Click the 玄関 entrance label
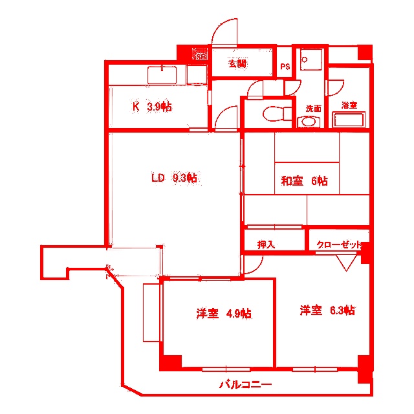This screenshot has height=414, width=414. point(237,63)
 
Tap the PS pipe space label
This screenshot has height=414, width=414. point(285,67)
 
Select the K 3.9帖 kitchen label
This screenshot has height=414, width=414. point(152,107)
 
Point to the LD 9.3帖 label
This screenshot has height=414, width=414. point(174,177)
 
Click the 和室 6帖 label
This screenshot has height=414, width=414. point(304,181)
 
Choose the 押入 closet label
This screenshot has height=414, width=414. point(266,245)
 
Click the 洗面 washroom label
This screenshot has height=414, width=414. point(313,108)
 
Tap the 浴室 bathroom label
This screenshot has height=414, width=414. point(349,105)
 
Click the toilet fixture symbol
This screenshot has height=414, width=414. point(274,113)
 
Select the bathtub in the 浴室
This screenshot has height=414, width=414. point(349,120)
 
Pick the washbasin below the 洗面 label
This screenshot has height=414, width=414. point(309,122)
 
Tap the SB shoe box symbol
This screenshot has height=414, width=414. point(201,56)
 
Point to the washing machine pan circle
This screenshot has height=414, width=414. point(304,58)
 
